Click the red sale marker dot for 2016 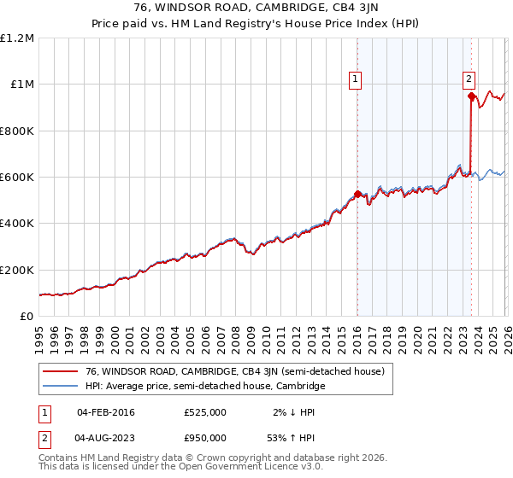point(357,194)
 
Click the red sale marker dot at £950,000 point(471,96)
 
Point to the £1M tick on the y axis point(21,85)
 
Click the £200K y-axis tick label point(17,270)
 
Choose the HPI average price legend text point(205,386)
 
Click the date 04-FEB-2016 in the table point(106,412)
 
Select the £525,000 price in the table point(205,412)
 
